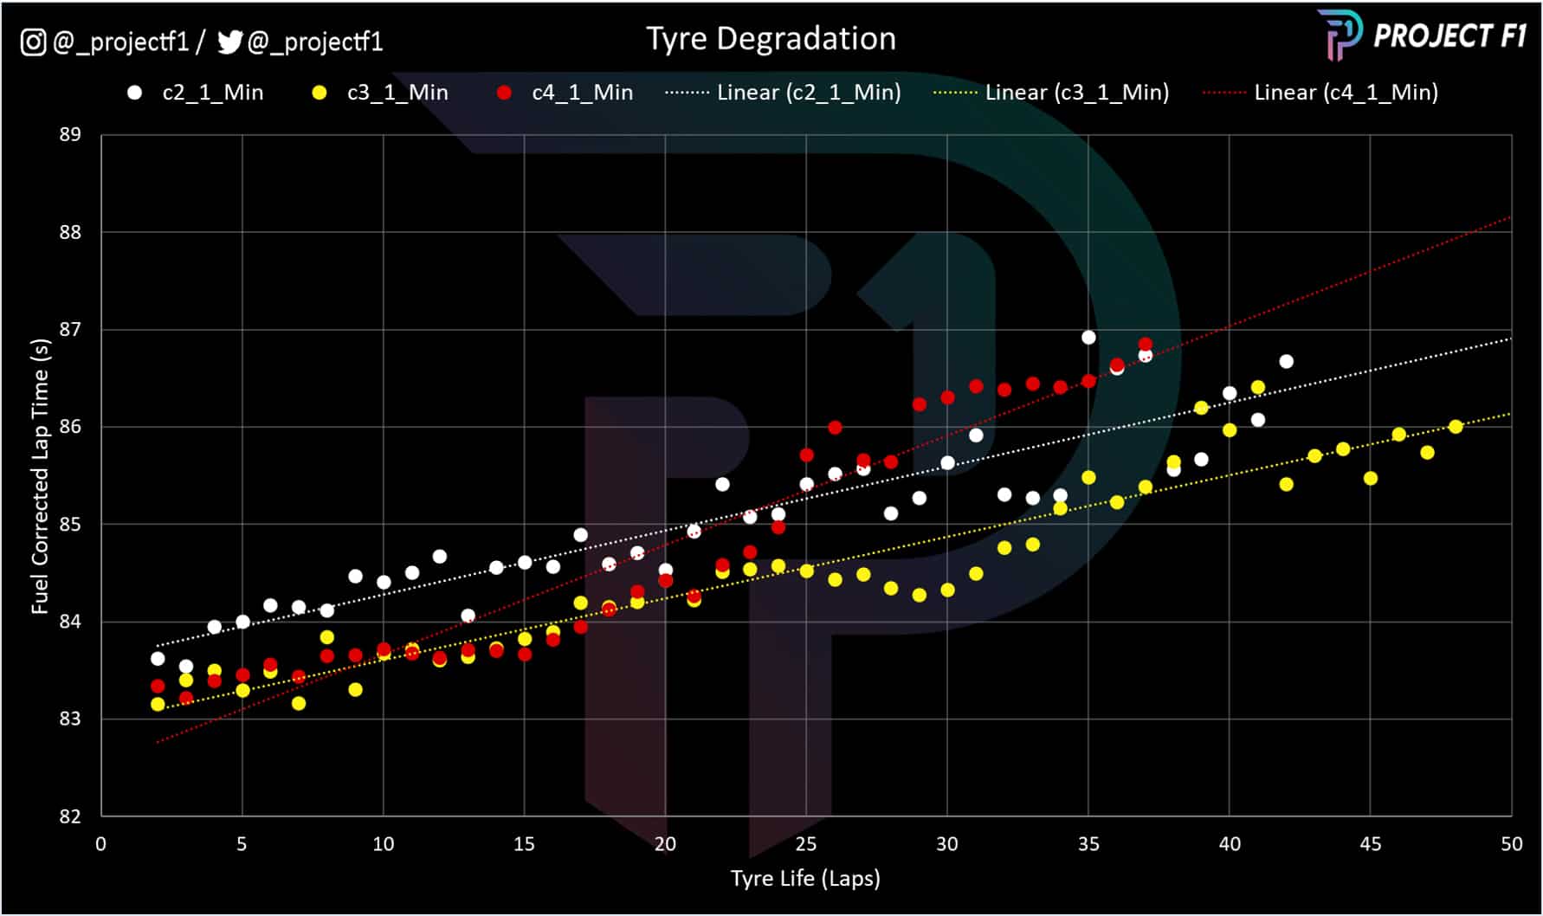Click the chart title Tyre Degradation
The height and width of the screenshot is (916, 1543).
[771, 39]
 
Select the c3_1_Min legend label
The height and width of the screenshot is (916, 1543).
[397, 93]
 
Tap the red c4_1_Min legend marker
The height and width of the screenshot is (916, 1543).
[504, 93]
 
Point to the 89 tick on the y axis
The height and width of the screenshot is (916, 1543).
[70, 135]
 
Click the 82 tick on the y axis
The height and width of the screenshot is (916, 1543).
[70, 816]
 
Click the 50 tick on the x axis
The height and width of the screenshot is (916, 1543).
[1511, 844]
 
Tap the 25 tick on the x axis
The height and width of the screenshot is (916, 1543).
[805, 844]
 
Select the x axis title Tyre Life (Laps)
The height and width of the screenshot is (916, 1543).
[805, 879]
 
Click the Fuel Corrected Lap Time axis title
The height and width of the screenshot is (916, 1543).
[41, 476]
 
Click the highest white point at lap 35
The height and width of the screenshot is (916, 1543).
[1088, 338]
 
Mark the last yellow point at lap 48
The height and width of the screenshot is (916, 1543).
[1456, 427]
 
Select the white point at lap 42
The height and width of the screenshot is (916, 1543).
[1286, 362]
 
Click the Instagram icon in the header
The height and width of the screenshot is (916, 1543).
[33, 42]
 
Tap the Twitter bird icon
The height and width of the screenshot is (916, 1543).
[229, 42]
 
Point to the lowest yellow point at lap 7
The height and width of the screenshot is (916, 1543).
[299, 704]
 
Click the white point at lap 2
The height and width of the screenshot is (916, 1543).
[158, 659]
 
